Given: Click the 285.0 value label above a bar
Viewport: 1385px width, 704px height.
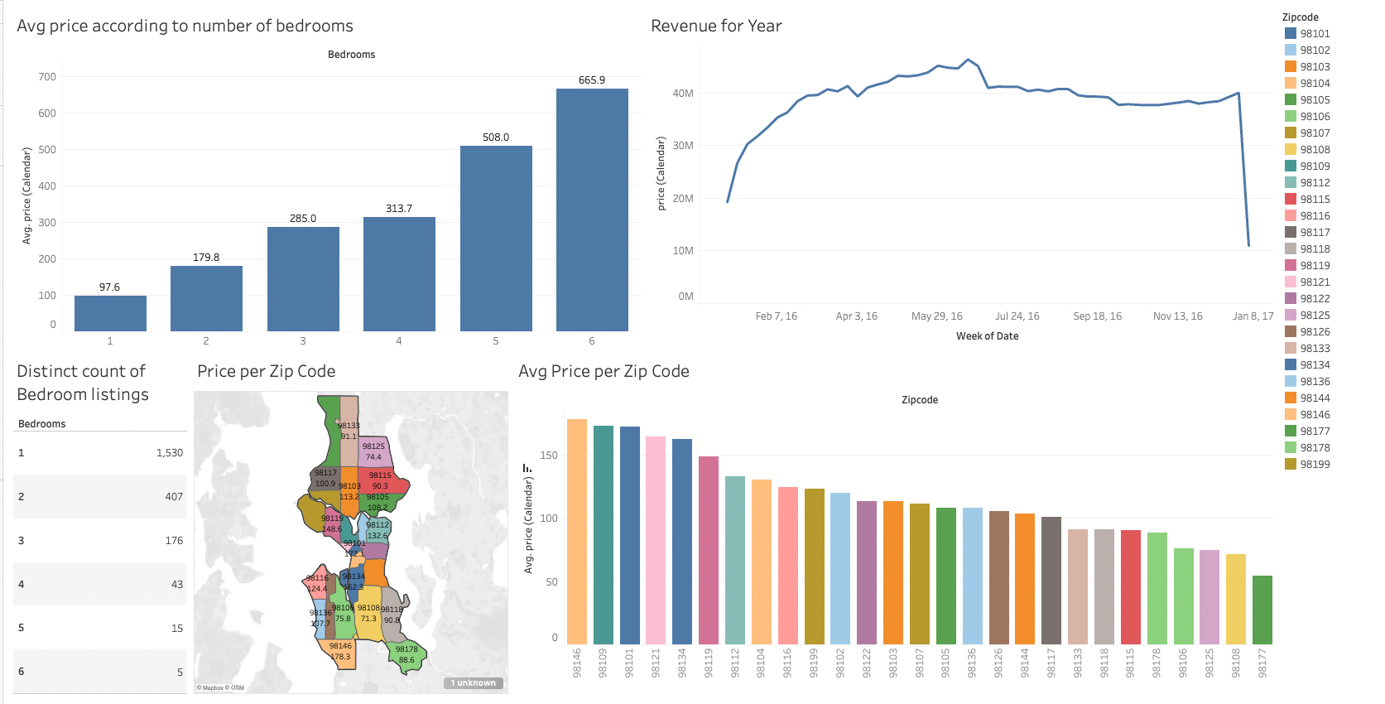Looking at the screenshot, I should click(x=303, y=219).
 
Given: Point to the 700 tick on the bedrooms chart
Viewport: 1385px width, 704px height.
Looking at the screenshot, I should click(x=47, y=77).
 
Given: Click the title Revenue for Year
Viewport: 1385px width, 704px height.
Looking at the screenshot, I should click(x=716, y=26).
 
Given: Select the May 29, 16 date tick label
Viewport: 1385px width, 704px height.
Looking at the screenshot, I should click(x=936, y=316).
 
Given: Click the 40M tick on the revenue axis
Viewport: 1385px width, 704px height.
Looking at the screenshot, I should click(x=683, y=94).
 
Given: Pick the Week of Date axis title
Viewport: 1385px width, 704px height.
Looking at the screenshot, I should click(x=987, y=336).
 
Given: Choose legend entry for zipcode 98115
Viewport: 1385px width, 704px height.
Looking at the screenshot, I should click(x=1314, y=200).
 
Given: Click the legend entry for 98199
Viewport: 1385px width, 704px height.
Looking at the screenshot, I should click(x=1314, y=465).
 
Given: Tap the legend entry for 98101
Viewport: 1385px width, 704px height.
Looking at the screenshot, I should click(x=1314, y=34).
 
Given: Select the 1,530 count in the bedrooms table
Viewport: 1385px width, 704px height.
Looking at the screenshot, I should click(x=170, y=453).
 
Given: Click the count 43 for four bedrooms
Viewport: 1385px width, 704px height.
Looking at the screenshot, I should click(x=177, y=585).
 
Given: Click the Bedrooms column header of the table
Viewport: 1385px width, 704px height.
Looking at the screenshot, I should click(x=42, y=424).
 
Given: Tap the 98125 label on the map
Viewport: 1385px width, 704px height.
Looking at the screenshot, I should click(x=373, y=446).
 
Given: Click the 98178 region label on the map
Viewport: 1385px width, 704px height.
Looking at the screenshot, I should click(x=406, y=649).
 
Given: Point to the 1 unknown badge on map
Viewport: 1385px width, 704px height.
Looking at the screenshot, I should click(x=474, y=683).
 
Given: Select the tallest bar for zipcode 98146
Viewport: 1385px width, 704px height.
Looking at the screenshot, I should click(x=577, y=531).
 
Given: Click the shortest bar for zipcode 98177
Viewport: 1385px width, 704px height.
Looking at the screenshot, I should click(x=1262, y=610).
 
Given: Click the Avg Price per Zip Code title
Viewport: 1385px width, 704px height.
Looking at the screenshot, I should click(x=604, y=371).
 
